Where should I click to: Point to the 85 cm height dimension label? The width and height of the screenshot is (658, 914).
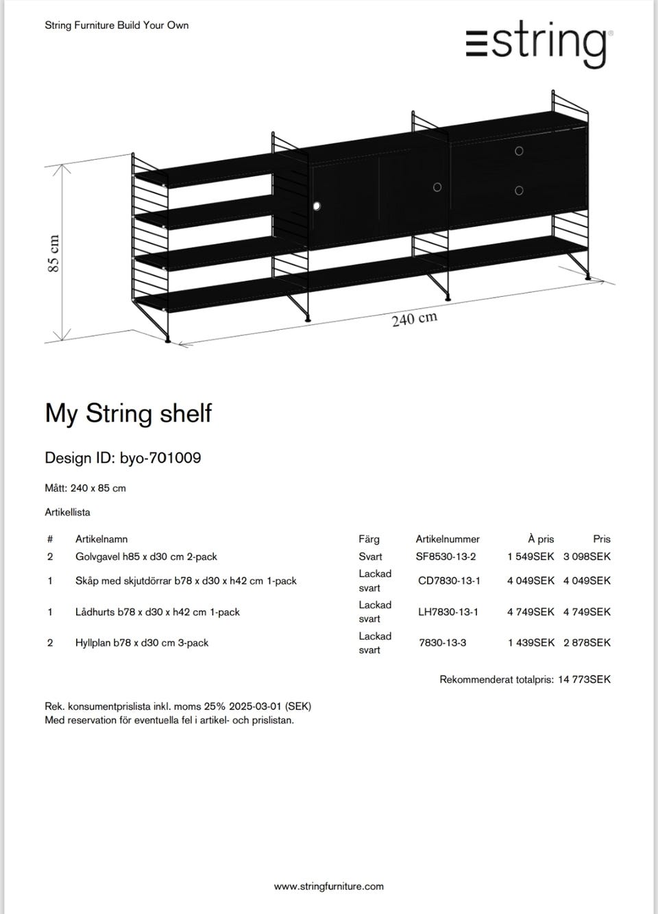click(53, 253)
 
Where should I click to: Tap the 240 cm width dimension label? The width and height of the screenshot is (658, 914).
click(414, 319)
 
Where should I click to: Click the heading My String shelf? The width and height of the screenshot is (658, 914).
click(128, 413)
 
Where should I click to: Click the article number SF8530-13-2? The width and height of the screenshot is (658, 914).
click(446, 557)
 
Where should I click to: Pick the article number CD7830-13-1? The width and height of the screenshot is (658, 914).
click(449, 581)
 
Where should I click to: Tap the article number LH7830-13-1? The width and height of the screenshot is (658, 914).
click(448, 612)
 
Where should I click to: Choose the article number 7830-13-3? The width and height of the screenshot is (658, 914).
click(443, 642)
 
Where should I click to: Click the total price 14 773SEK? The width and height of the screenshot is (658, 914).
click(584, 680)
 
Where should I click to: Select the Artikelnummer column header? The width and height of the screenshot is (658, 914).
click(448, 539)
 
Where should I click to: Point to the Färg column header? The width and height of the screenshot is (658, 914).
click(369, 539)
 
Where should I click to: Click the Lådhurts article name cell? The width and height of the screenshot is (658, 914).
click(158, 612)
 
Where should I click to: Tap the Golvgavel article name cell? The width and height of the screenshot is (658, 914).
click(146, 557)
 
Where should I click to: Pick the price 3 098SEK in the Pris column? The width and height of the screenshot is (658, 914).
click(587, 557)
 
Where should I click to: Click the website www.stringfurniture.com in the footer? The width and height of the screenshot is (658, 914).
click(329, 887)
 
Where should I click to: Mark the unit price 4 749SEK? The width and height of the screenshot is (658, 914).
click(531, 612)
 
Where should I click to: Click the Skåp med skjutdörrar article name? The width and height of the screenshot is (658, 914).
click(186, 581)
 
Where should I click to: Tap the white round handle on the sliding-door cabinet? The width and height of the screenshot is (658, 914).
click(317, 206)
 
